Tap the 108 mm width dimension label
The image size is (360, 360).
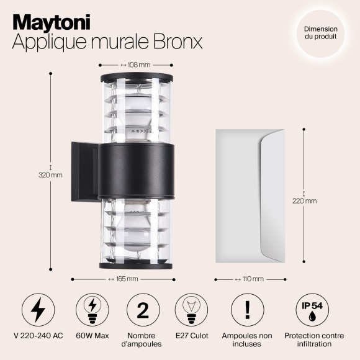point(135,64)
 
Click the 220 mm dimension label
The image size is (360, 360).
point(304,200)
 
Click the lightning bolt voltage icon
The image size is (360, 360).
point(38,310)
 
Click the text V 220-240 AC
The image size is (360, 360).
point(38,336)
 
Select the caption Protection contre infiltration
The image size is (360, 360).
point(313,340)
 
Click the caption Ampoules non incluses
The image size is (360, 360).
point(248,340)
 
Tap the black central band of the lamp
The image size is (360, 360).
point(135,170)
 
